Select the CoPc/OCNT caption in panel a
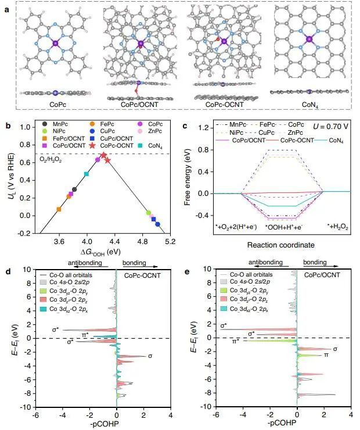(140, 104)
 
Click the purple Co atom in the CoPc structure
(55, 44)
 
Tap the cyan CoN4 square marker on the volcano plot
(87, 174)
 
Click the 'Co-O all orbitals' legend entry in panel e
(240, 274)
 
